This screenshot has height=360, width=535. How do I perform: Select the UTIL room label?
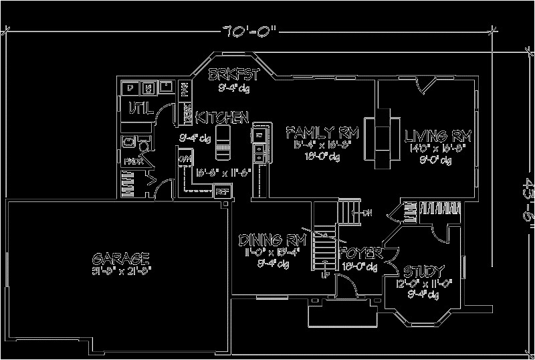[x=141, y=107]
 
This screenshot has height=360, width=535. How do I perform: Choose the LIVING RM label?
[x=438, y=137]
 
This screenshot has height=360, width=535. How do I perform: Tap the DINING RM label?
[x=272, y=240]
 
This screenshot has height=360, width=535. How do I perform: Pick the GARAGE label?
[x=120, y=258]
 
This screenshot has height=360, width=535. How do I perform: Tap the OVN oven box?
[x=185, y=159]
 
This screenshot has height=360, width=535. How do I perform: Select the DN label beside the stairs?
[x=366, y=213]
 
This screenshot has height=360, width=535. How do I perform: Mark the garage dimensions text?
[x=120, y=271]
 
